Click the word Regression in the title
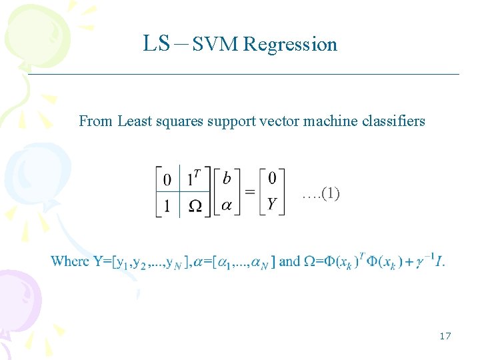pyautogui.click(x=290, y=45)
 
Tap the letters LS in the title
pyautogui.click(x=157, y=44)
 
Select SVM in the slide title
pyautogui.click(x=215, y=45)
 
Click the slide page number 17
pyautogui.click(x=445, y=336)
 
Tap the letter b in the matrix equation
pyautogui.click(x=227, y=179)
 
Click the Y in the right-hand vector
pyautogui.click(x=272, y=204)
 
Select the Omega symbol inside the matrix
pyautogui.click(x=195, y=205)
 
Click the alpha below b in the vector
pyautogui.click(x=227, y=205)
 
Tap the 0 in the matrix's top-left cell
pyautogui.click(x=167, y=179)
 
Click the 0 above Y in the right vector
pyautogui.click(x=272, y=179)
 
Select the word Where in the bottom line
pyautogui.click(x=70, y=261)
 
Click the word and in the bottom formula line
pyautogui.click(x=289, y=261)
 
